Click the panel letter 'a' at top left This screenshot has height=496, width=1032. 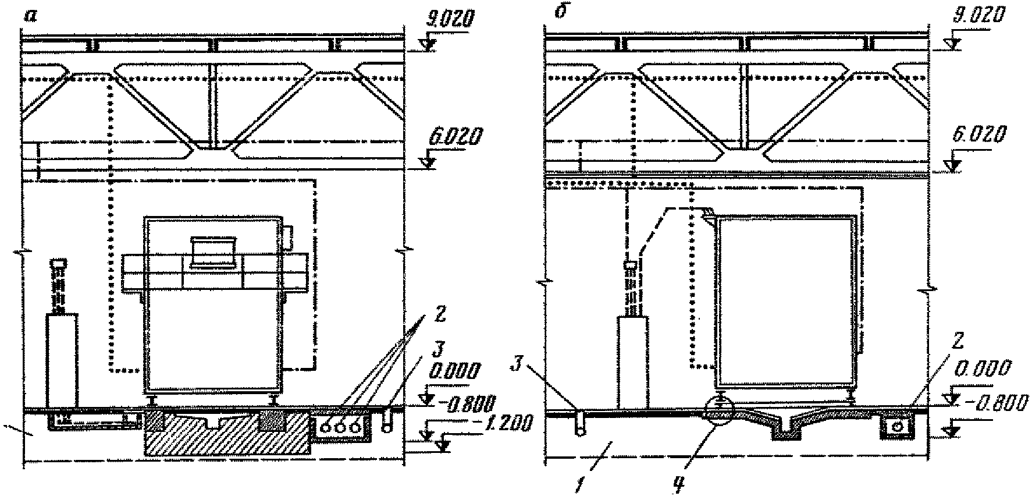click(30, 16)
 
